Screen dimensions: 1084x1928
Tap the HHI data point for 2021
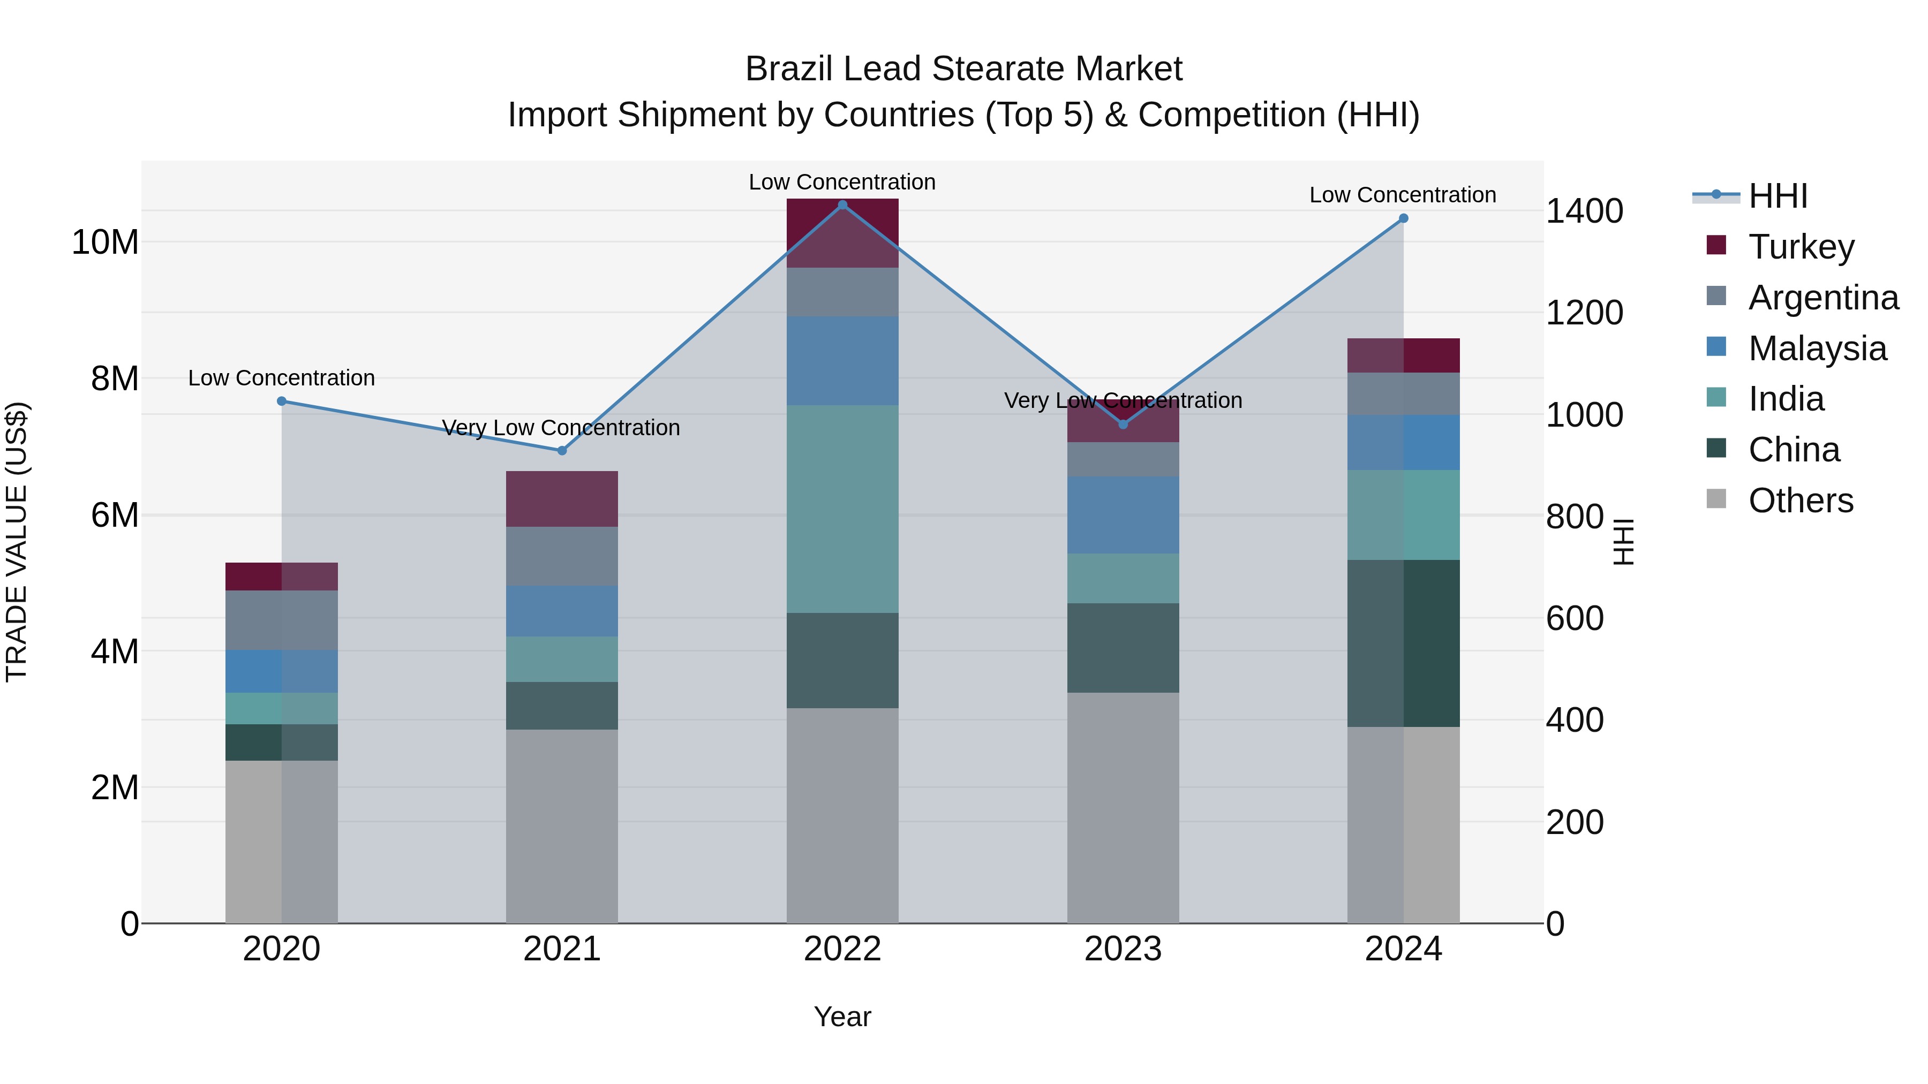(562, 450)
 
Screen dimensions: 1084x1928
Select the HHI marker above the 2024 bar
(1403, 218)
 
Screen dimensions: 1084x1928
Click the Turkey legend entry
(1801, 246)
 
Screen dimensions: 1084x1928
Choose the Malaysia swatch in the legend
(1716, 347)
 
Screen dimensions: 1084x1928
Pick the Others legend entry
(1800, 500)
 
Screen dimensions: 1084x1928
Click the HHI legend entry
(1778, 196)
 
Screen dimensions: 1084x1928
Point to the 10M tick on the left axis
(105, 242)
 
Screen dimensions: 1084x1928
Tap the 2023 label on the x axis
(1123, 949)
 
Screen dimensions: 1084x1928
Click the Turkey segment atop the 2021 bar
(562, 498)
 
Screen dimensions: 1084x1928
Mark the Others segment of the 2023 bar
(1123, 808)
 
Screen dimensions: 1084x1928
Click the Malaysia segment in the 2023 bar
(1123, 514)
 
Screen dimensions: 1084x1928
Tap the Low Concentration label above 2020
(281, 378)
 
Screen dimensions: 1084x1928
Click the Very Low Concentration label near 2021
(561, 428)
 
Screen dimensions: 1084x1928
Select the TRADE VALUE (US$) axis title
(17, 542)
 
